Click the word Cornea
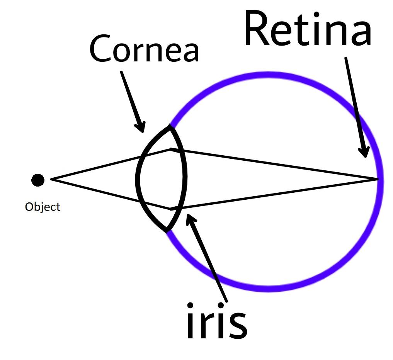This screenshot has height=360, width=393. [144, 49]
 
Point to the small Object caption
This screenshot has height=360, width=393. [43, 207]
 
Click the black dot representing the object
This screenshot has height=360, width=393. [38, 180]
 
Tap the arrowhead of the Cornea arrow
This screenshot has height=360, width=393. [141, 127]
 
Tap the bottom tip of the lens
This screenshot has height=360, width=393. [167, 231]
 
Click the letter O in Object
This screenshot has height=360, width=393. [29, 207]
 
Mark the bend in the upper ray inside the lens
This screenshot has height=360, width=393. [171, 148]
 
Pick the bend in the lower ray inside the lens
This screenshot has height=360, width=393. [170, 209]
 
